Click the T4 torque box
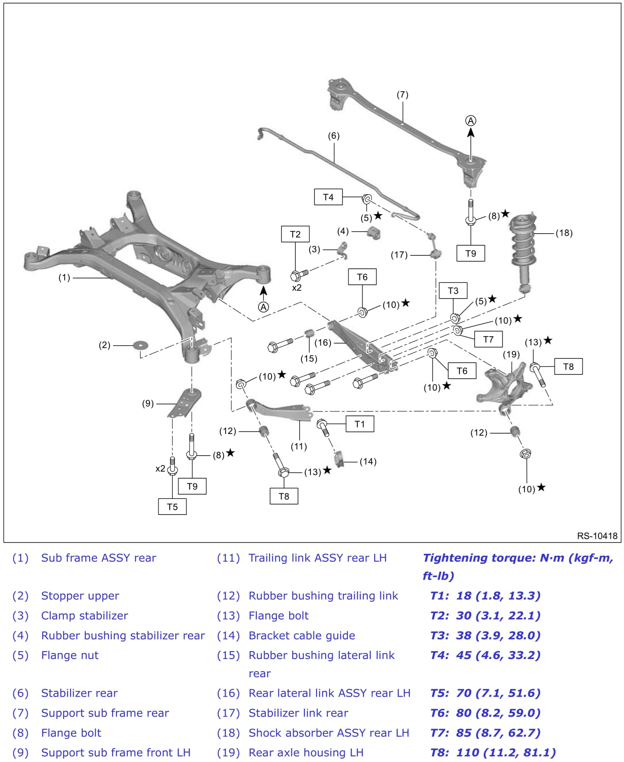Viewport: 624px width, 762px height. click(328, 197)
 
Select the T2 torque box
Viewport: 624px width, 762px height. click(295, 234)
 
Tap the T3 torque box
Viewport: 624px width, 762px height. click(453, 290)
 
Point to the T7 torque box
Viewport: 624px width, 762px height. click(488, 339)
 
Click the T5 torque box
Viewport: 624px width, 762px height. click(172, 507)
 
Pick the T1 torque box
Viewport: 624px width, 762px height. click(360, 424)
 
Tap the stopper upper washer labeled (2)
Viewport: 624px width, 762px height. click(140, 345)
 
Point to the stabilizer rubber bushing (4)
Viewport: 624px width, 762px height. click(374, 232)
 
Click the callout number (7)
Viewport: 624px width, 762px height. click(402, 94)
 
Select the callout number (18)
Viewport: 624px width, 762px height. click(564, 233)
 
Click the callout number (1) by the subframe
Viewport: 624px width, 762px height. click(64, 277)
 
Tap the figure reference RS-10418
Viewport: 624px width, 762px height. click(597, 536)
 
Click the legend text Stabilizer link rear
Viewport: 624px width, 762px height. click(298, 713)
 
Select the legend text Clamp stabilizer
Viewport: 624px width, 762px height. click(84, 615)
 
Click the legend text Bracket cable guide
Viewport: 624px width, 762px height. click(302, 635)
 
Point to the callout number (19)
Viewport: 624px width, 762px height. click(511, 354)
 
